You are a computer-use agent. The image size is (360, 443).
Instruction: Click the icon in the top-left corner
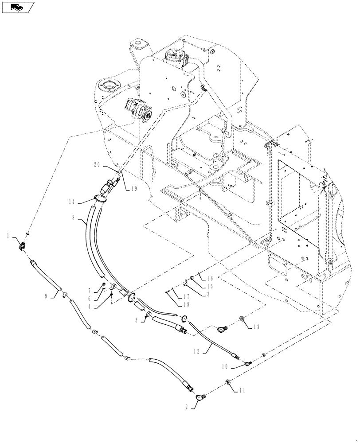(17, 7)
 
